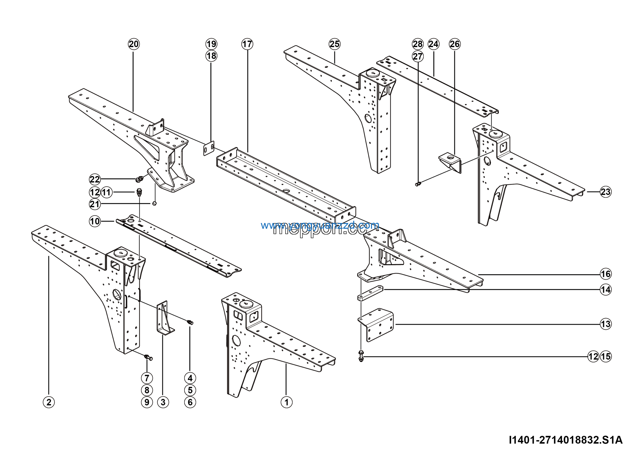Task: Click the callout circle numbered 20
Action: click(134, 44)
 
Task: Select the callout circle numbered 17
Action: click(247, 44)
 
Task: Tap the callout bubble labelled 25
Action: click(334, 44)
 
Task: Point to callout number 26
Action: click(455, 44)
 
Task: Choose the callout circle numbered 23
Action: click(606, 192)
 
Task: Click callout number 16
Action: click(606, 274)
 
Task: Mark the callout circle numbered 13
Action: click(606, 324)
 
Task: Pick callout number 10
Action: click(95, 221)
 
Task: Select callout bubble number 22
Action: click(95, 179)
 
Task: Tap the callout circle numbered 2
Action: click(49, 402)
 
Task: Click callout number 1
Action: click(286, 402)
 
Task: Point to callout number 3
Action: click(163, 402)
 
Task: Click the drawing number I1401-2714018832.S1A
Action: click(565, 440)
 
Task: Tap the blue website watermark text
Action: click(320, 225)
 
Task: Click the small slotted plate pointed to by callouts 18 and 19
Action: click(208, 148)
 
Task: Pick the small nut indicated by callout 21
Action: click(154, 203)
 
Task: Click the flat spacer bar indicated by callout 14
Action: click(370, 293)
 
